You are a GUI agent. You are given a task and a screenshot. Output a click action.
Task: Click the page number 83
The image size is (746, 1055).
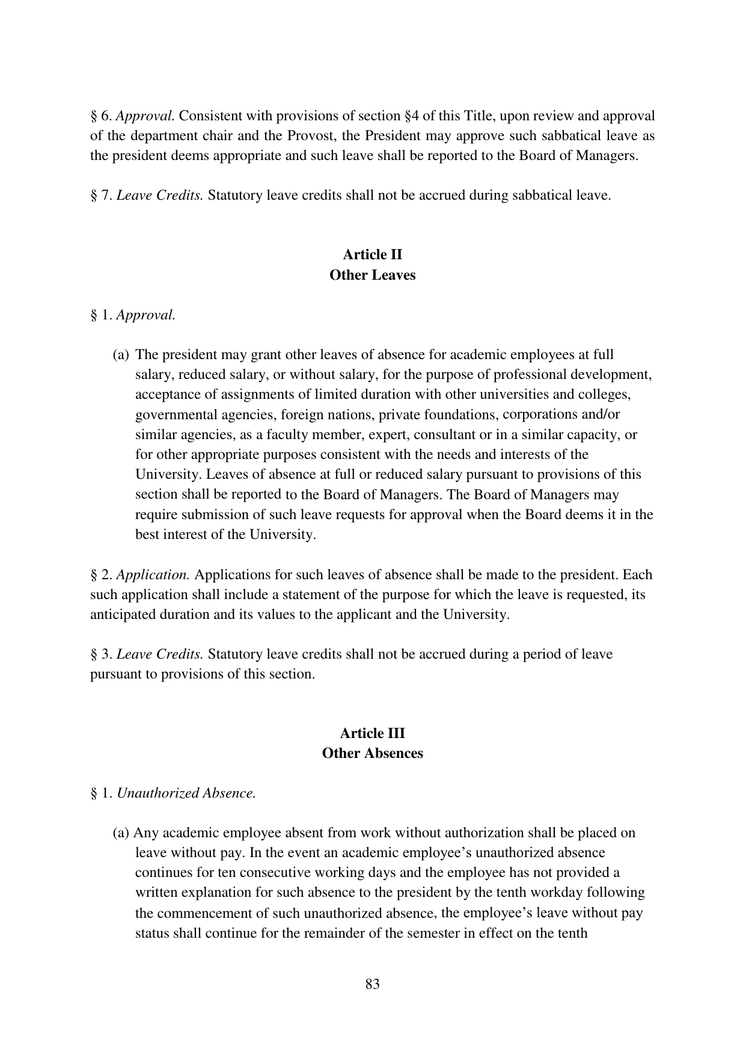tap(372, 984)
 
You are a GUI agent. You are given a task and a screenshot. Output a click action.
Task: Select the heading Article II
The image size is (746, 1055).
tap(372, 255)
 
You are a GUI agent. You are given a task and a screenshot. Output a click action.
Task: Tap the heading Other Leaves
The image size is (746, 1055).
tap(372, 275)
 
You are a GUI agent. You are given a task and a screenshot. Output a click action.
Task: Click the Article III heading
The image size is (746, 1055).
tap(372, 733)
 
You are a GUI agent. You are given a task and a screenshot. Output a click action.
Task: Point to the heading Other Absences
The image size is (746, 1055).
tap(372, 753)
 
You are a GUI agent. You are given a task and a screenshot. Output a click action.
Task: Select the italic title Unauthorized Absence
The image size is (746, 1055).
tap(186, 793)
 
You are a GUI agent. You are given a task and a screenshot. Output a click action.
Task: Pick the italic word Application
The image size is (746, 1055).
tap(153, 574)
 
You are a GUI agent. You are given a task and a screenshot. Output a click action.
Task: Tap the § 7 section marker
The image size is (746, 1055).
tap(101, 195)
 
